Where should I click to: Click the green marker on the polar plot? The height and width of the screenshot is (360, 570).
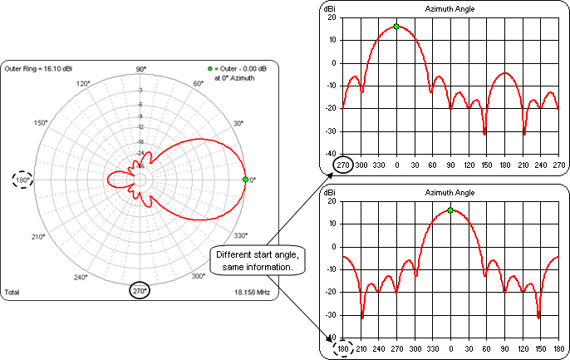(x=245, y=180)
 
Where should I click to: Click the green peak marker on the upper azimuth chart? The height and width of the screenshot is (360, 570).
(x=396, y=27)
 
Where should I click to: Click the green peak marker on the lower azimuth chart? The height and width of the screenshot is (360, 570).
(x=450, y=210)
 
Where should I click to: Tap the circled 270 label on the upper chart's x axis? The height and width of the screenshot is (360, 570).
(x=342, y=165)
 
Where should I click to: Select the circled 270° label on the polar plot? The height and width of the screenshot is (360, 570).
(x=140, y=291)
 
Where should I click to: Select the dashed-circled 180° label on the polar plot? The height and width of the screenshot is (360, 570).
(x=22, y=180)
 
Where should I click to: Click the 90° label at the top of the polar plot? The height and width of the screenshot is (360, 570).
(x=140, y=68)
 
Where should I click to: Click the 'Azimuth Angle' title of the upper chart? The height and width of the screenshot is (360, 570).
(x=450, y=8)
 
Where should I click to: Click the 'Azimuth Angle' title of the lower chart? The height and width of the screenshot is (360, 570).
(x=450, y=192)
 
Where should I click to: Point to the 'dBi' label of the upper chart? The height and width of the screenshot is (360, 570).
(x=331, y=8)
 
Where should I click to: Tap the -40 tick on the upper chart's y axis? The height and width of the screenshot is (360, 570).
(x=332, y=154)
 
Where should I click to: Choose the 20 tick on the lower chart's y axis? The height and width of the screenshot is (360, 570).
(x=332, y=201)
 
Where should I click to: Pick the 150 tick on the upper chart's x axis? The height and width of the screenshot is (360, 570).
(x=484, y=165)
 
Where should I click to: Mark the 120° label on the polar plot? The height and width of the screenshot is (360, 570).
(x=82, y=84)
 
